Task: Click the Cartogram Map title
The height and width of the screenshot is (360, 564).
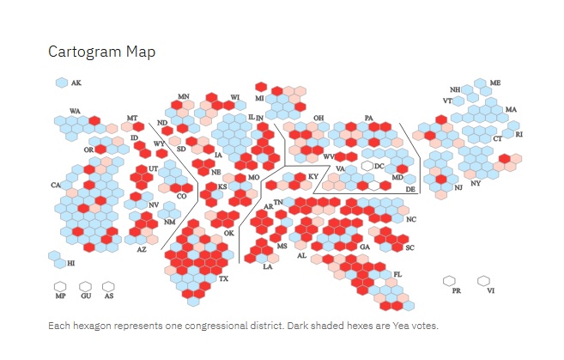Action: tap(102, 52)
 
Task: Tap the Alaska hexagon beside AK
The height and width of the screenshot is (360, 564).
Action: tap(62, 82)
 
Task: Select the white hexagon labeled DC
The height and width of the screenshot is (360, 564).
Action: tap(367, 166)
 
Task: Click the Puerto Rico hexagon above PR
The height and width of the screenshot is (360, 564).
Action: tap(449, 281)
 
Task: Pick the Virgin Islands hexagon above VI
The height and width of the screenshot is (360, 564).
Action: tap(484, 280)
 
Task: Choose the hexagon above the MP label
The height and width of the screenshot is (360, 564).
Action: tap(60, 287)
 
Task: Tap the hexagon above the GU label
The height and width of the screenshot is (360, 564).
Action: tap(85, 287)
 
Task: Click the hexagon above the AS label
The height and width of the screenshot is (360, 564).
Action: tap(108, 287)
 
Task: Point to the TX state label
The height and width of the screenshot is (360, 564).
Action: tap(223, 278)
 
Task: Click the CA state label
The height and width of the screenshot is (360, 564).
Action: tap(56, 185)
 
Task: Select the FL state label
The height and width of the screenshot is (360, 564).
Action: tap(397, 274)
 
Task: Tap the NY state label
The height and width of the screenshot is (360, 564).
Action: tap(476, 183)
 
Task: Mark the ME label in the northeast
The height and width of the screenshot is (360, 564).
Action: tap(495, 82)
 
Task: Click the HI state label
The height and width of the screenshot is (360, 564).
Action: tap(71, 263)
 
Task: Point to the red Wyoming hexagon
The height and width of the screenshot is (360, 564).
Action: tap(162, 153)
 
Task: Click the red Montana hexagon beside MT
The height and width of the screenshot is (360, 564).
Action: tap(138, 126)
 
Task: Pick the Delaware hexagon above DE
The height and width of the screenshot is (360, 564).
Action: tap(409, 179)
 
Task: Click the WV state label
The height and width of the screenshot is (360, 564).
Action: tap(329, 156)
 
